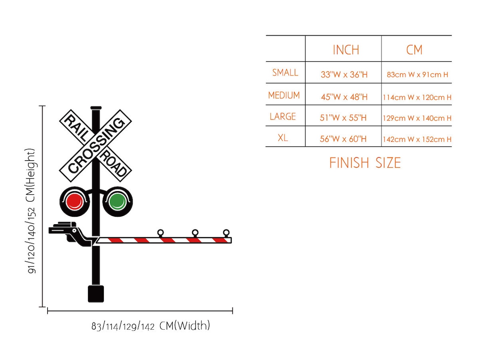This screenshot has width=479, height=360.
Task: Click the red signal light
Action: coord(75,201)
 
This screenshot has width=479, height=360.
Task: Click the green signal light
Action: coord(117,201)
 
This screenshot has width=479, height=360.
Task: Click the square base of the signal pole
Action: coord(96,294)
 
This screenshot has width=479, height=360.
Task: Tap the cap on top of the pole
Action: coord(96,108)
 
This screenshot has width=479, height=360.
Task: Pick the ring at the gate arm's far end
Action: coord(226,233)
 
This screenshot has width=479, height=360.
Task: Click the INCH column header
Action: coord(346,50)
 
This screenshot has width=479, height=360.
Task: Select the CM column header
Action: coord(414,50)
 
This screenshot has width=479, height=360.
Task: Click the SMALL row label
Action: coord(285,73)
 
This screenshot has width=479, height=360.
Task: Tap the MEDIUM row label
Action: coord(284,95)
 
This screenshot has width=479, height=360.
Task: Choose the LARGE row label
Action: coord(283,116)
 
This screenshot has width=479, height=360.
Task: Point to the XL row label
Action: coord(283,138)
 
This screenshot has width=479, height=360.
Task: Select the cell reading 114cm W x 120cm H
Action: coord(417,97)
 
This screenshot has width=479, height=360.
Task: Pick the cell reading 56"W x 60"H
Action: coord(343,139)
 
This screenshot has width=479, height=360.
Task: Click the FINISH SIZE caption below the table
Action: coord(365,163)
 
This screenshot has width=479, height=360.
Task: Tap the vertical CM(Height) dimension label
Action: coord(32,210)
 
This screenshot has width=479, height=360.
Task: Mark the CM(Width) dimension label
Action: coord(150,326)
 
